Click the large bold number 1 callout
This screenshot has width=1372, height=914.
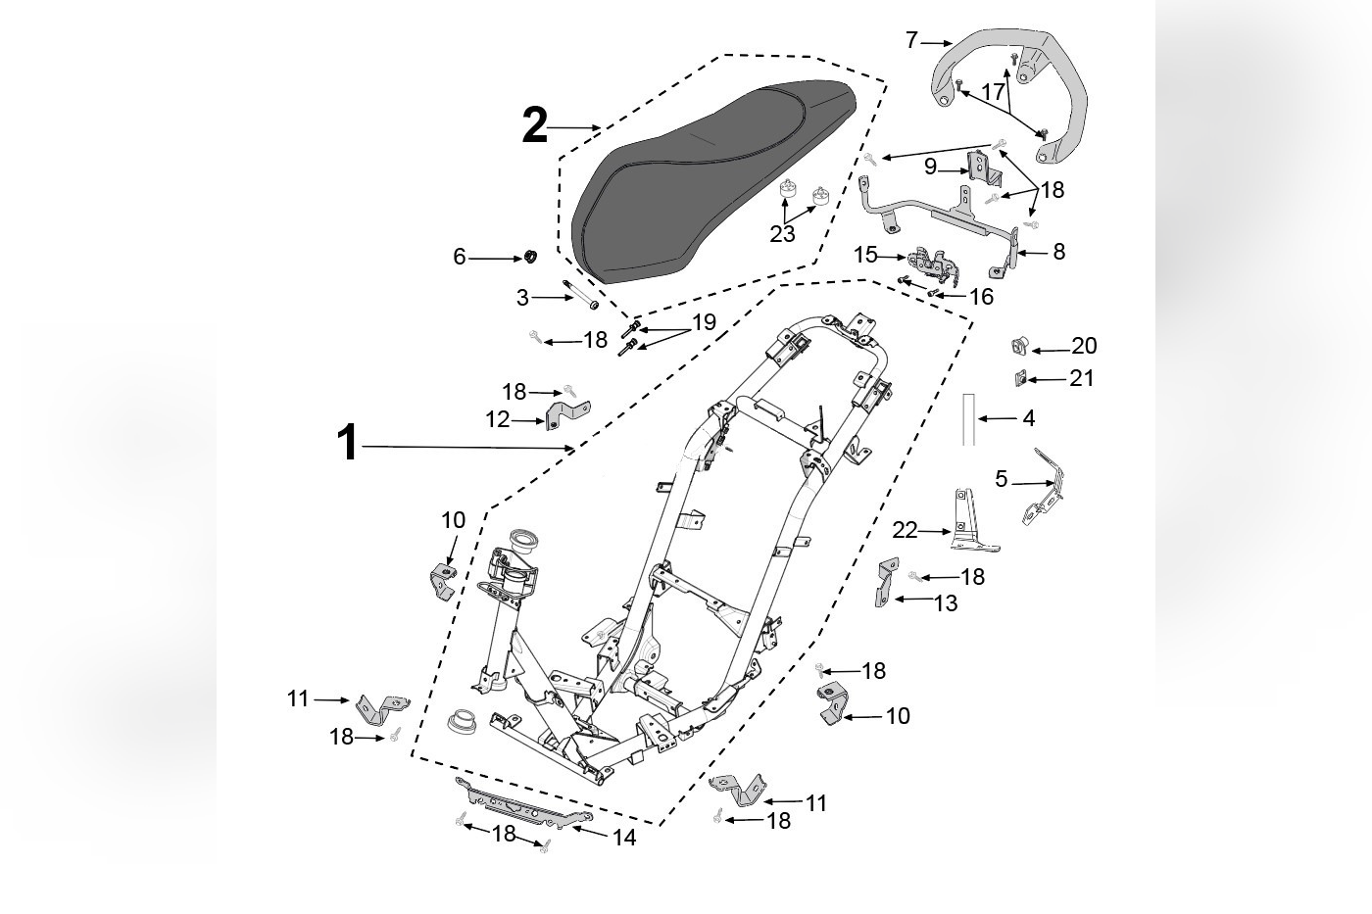click(347, 443)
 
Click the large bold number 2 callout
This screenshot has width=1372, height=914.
click(534, 127)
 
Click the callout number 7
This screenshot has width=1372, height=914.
click(911, 41)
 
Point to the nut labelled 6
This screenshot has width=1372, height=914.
click(526, 258)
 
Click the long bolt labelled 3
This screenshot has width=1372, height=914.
click(581, 295)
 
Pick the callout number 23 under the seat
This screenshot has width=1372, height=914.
click(783, 234)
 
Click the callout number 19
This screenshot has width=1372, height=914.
click(704, 322)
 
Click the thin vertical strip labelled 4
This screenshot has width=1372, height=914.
click(968, 419)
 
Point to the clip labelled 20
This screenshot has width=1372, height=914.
click(1019, 345)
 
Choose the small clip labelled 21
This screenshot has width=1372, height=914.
click(1019, 377)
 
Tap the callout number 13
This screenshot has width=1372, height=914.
click(946, 603)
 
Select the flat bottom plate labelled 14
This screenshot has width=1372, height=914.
click(524, 801)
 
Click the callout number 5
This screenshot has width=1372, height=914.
click(1001, 479)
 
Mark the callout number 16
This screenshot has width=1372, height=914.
click(981, 297)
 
